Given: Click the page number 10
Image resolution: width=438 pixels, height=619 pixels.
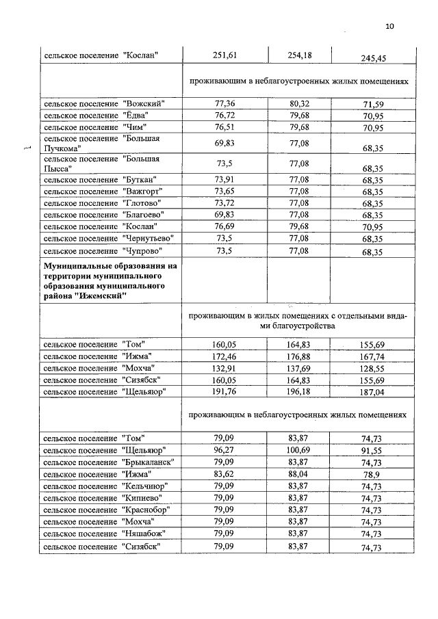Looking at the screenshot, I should point(390,27).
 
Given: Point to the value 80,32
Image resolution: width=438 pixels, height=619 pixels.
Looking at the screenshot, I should point(300,103).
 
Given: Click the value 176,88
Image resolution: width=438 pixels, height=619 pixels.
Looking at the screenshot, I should point(300,356).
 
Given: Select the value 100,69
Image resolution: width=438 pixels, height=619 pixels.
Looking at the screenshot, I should point(300,449).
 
